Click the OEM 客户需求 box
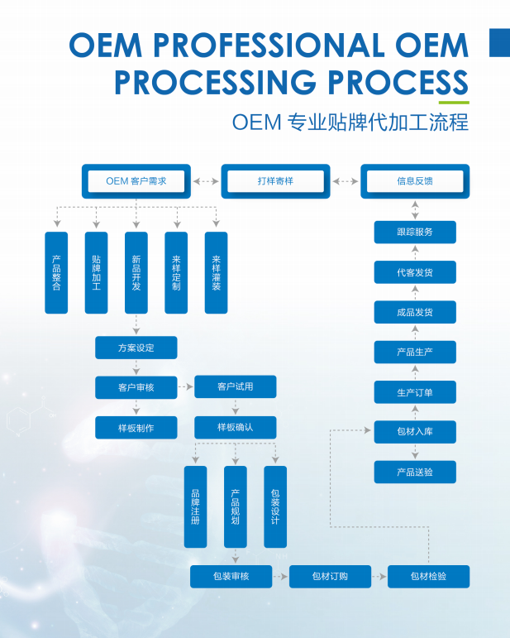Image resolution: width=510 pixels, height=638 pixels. click(136, 180)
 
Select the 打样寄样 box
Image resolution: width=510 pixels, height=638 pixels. click(275, 180)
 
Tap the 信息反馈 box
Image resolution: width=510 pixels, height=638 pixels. click(415, 180)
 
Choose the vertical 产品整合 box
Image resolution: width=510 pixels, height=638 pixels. click(56, 272)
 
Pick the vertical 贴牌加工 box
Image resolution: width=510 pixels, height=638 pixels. click(97, 272)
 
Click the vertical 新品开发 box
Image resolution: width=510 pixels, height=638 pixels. click(136, 272)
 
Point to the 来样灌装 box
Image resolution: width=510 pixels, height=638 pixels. click(217, 272)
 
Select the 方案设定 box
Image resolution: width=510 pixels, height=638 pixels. click(136, 348)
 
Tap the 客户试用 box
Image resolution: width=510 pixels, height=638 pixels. click(236, 386)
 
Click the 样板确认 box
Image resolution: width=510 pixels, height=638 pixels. click(236, 427)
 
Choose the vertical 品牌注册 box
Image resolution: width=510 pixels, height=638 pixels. click(195, 506)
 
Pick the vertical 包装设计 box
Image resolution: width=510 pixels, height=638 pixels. click(275, 506)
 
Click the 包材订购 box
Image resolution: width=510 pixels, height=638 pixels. click(330, 576)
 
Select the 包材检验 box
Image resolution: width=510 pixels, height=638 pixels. click(428, 576)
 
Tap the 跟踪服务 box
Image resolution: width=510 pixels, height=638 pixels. click(415, 232)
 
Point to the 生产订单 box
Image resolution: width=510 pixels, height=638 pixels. click(415, 392)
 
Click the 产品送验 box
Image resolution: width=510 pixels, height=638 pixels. click(415, 472)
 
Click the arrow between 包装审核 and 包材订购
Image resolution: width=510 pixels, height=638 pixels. click(281, 576)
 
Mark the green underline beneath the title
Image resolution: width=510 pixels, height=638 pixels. click(454, 102)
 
